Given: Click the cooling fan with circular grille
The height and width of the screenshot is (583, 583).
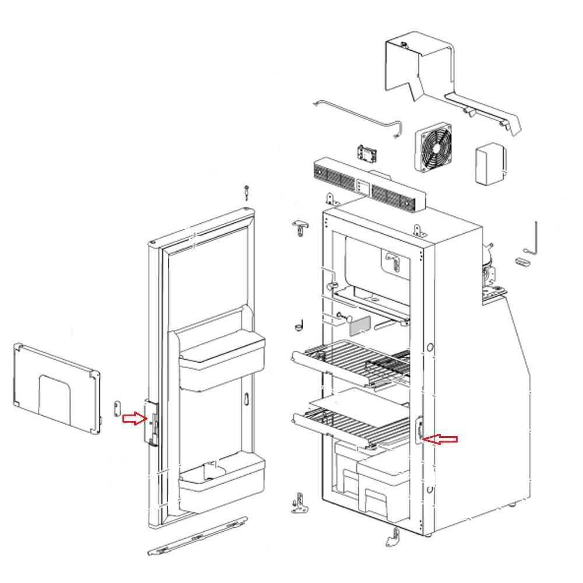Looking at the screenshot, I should pos(434,149).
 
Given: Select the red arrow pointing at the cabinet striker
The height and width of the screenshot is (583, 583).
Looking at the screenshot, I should pos(441,439).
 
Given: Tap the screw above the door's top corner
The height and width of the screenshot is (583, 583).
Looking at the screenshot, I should pos(247,191).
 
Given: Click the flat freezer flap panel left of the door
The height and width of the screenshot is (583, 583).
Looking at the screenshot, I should pos(55,388).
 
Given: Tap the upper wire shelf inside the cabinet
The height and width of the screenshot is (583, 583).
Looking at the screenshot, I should pos(350,361).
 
